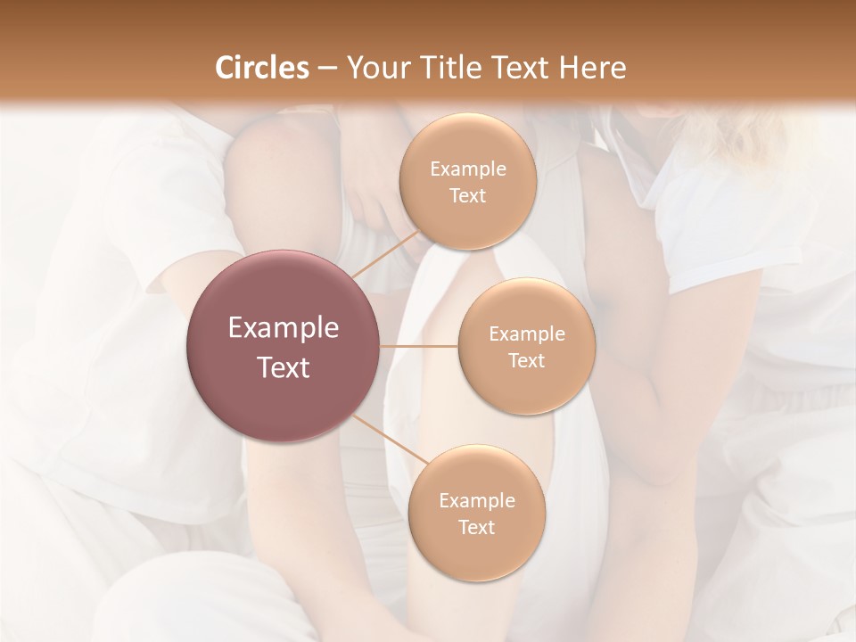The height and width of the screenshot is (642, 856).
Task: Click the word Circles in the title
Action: [x=262, y=68]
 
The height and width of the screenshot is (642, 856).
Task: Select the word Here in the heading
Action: [x=592, y=68]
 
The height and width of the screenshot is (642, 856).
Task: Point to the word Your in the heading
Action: [x=374, y=68]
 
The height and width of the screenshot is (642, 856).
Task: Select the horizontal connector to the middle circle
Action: [x=419, y=345]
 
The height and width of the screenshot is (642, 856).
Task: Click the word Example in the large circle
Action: [x=284, y=328]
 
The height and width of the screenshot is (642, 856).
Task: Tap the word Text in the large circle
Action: [x=284, y=367]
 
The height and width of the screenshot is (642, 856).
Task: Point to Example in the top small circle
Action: [x=467, y=169]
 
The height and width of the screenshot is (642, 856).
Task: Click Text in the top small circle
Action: [x=467, y=196]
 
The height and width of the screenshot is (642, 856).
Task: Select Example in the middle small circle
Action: [x=526, y=334]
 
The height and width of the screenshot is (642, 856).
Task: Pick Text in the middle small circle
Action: [x=526, y=361]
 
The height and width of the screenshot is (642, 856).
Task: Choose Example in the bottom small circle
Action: [x=476, y=501]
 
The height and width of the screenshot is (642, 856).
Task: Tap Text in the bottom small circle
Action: [x=476, y=528]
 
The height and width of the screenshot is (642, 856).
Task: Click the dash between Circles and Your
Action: [x=326, y=68]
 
